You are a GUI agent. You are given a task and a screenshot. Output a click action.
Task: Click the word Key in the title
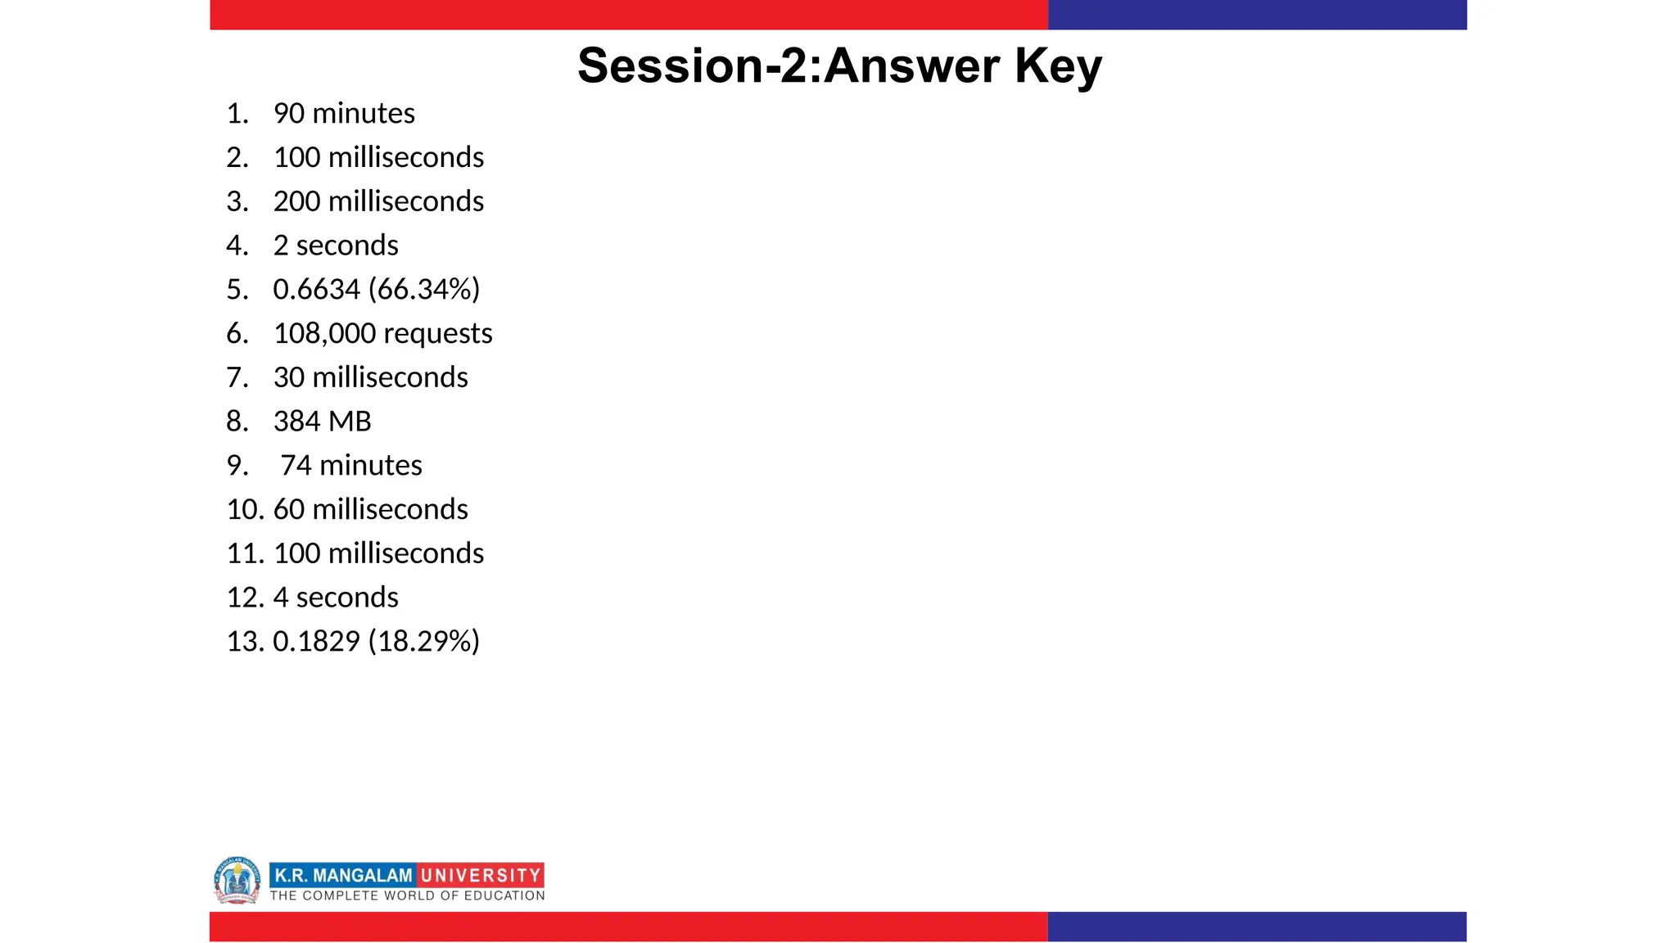tap(1058, 65)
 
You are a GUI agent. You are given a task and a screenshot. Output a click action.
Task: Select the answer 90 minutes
tap(344, 113)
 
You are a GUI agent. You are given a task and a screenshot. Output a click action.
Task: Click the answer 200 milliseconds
tap(378, 201)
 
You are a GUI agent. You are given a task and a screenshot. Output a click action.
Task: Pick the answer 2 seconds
tap(336, 246)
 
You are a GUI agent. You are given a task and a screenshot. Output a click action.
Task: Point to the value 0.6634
tap(316, 289)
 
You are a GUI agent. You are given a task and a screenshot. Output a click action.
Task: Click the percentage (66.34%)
tap(424, 289)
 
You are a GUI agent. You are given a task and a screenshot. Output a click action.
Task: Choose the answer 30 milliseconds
tap(370, 377)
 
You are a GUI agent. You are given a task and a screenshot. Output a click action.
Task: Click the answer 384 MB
tap(322, 422)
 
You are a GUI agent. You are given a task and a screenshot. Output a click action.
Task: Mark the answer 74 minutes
tap(350, 466)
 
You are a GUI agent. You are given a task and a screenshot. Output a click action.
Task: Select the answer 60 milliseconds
tap(370, 509)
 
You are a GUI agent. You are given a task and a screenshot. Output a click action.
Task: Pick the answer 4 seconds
tap(336, 598)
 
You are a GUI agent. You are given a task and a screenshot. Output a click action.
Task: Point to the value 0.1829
tap(316, 641)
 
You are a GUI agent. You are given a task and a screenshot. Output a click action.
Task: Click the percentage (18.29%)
tap(424, 641)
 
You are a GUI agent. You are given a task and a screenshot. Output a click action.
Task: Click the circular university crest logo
tap(237, 880)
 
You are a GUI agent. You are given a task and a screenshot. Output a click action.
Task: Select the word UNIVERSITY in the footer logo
tap(481, 875)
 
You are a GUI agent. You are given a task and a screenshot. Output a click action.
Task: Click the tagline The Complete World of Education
tap(407, 896)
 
